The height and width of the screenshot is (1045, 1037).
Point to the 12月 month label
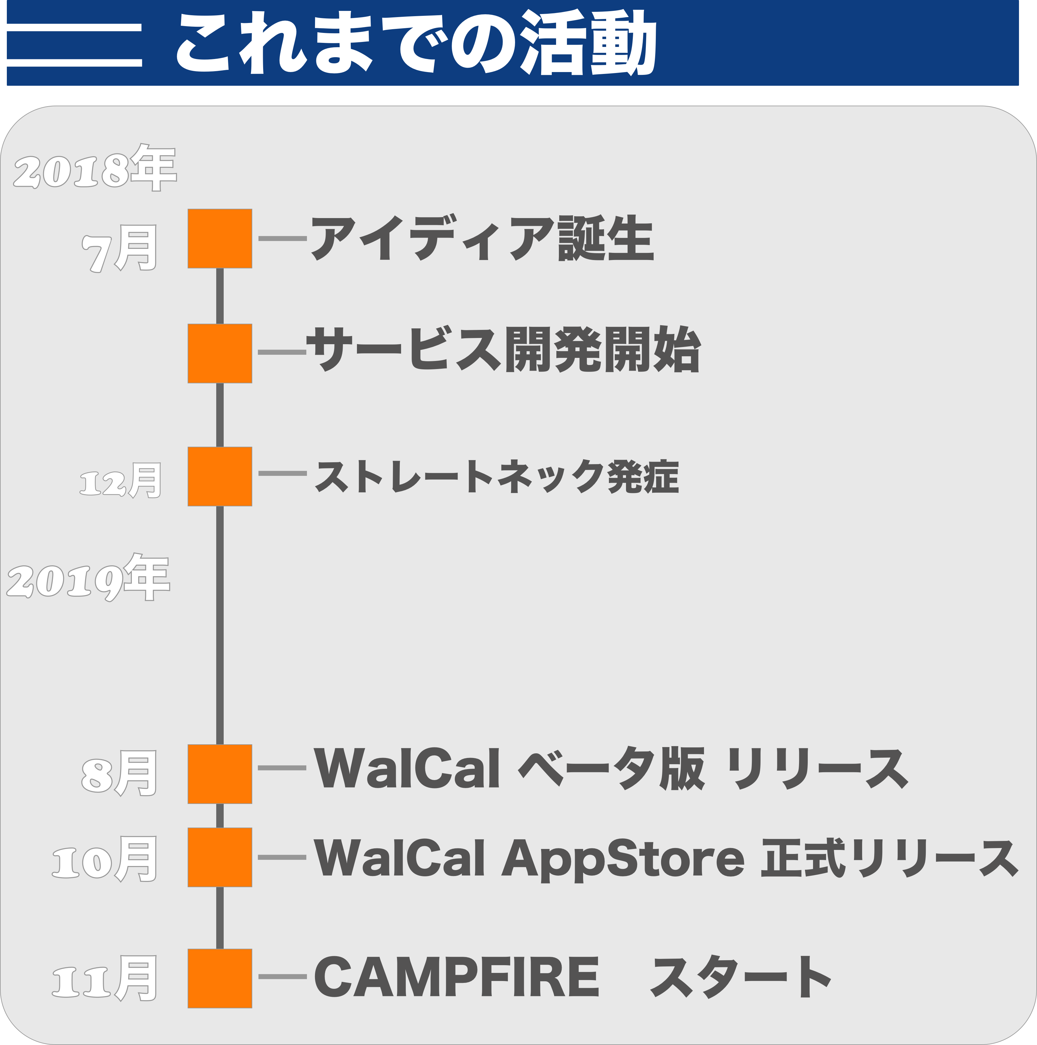pyautogui.click(x=120, y=480)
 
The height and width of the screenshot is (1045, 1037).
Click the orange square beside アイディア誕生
pyautogui.click(x=220, y=239)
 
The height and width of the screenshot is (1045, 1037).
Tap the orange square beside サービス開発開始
pyautogui.click(x=220, y=353)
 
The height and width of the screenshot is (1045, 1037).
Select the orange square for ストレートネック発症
pyautogui.click(x=220, y=477)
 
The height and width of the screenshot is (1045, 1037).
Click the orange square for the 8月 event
pyautogui.click(x=220, y=774)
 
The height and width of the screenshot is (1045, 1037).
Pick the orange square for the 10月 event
pyautogui.click(x=220, y=857)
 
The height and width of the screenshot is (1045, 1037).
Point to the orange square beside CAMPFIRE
pyautogui.click(x=220, y=979)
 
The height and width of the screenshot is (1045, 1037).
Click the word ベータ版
pyautogui.click(x=611, y=768)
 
